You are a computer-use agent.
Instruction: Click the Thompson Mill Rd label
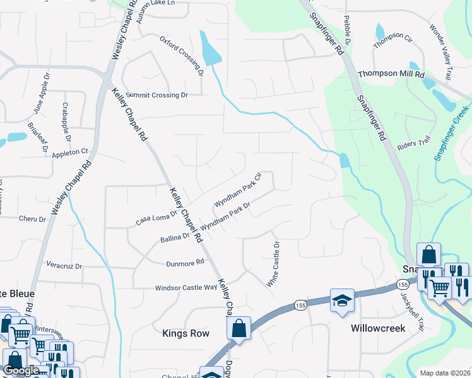coord(391,74)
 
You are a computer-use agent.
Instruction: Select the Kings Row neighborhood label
coord(186,333)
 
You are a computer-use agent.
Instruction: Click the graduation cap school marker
coord(341,301)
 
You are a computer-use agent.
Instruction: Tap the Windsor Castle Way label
coord(186,288)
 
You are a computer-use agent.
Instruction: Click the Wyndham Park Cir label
coord(237,190)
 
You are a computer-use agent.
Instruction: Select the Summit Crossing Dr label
coord(156,95)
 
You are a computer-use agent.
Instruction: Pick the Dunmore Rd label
coord(186,262)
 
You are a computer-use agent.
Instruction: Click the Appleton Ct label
coord(70,152)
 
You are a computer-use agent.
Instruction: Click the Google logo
coord(21,371)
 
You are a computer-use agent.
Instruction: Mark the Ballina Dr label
coord(175,238)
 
